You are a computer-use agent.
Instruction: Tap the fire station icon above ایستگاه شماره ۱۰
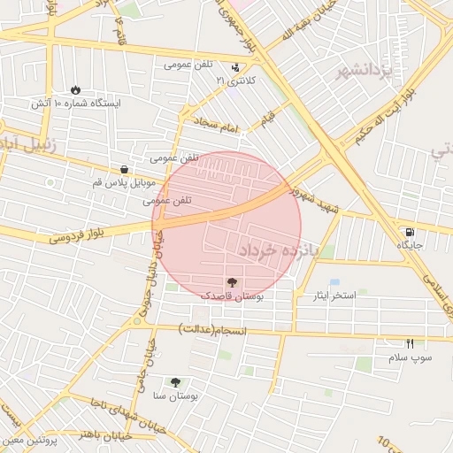tap(75, 89)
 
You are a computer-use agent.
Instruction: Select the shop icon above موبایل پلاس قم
tap(123, 168)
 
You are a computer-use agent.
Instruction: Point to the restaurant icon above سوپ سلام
tap(410, 343)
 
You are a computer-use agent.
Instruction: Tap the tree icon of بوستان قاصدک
tap(232, 280)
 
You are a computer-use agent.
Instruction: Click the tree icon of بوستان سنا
tap(175, 382)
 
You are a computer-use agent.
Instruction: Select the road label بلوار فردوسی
tap(73, 234)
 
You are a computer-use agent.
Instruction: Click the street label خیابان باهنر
tap(104, 435)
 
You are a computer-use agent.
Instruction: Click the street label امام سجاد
tap(217, 127)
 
